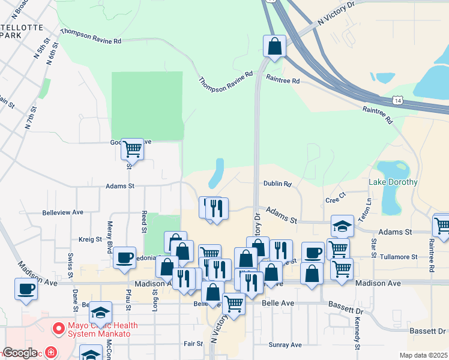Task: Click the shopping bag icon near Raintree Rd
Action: [274, 46]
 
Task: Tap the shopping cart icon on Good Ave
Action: [132, 148]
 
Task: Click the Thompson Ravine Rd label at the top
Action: [91, 37]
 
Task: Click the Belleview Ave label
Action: [62, 212]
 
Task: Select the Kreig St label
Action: [90, 239]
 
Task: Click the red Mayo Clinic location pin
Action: [58, 329]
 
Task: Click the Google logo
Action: [20, 353]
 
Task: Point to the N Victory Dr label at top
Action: [337, 13]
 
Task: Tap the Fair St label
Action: [193, 344]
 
